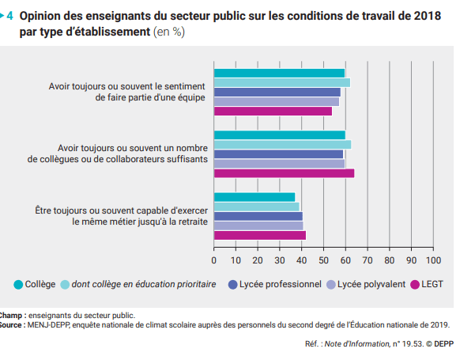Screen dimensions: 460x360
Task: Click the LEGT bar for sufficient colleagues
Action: click(x=284, y=173)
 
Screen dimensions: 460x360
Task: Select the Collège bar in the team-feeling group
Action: click(x=279, y=73)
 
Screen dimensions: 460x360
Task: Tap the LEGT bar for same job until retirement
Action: click(x=260, y=235)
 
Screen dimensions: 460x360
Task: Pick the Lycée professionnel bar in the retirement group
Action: click(x=258, y=217)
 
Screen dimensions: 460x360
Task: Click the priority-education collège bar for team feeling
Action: click(x=282, y=83)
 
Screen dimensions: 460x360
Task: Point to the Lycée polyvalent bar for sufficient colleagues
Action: click(x=279, y=164)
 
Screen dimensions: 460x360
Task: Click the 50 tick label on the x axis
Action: click(x=323, y=260)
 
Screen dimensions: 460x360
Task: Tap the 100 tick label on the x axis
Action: click(x=433, y=260)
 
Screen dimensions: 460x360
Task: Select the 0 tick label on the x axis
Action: click(x=214, y=260)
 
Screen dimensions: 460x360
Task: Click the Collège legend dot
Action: click(x=18, y=285)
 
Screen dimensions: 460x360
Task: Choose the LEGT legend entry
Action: click(x=427, y=284)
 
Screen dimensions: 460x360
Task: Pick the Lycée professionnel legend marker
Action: click(x=232, y=285)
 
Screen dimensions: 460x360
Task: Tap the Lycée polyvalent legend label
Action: click(x=371, y=284)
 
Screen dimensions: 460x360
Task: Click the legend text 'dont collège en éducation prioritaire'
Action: click(x=144, y=284)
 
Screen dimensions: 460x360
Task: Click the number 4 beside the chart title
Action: click(x=9, y=16)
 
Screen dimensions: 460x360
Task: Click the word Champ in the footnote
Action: click(x=11, y=316)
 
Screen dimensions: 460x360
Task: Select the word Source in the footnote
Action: click(x=10, y=325)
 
